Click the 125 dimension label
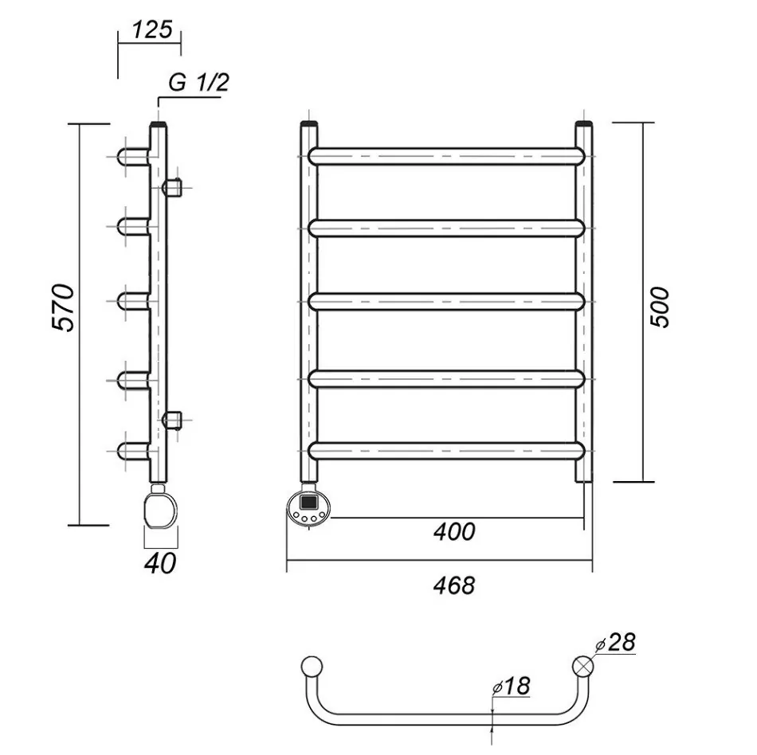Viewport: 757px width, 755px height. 152,30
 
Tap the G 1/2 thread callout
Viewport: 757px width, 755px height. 198,83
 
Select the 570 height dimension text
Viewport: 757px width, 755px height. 63,307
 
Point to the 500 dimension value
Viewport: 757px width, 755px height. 661,307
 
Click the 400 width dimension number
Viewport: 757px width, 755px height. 454,532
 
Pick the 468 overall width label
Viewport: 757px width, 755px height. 454,585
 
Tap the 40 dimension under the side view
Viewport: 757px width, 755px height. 160,563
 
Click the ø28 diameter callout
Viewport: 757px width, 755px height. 615,642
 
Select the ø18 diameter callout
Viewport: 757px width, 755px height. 511,686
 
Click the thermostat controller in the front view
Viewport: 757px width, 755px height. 309,510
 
